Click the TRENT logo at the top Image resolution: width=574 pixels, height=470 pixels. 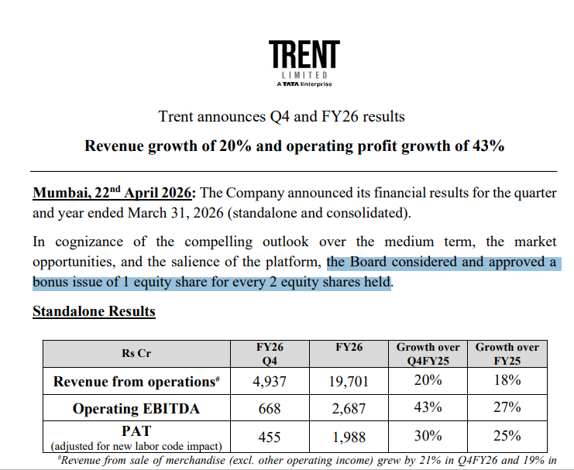pos(304,56)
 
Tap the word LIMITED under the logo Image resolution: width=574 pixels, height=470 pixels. pos(304,76)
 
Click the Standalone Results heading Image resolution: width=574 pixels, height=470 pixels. pos(94,311)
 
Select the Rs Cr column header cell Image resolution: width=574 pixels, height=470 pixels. pos(136,353)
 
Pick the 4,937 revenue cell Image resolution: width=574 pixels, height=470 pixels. pos(270,381)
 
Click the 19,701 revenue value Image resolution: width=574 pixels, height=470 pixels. pos(349,381)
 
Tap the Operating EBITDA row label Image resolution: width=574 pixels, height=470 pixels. pos(136,408)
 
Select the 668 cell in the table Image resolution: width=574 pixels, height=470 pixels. pos(270,408)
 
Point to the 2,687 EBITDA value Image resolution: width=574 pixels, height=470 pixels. pos(349,408)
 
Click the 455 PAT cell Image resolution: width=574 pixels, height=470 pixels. pos(270,437)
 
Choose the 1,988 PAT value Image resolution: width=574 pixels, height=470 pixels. pos(349,437)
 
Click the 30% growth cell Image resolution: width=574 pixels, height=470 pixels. pos(428,437)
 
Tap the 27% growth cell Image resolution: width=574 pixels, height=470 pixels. pos(507,408)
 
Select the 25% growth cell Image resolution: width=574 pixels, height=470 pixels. pos(507,437)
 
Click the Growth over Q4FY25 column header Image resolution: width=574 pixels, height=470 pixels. pos(428,354)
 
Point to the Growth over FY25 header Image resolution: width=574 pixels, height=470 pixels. pos(507,354)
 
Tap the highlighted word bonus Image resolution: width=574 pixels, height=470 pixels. pos(52,282)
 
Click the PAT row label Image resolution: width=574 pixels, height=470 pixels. pos(136,431)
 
